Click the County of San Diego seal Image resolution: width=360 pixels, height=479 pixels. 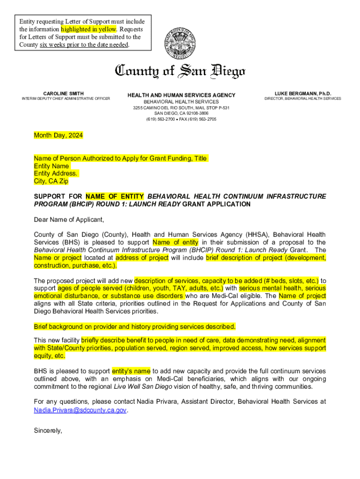click(180, 43)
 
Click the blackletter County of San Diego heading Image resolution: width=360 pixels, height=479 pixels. click(180, 71)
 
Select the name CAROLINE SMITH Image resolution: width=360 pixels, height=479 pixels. click(64, 94)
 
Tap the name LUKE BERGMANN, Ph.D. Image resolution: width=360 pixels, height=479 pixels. click(303, 94)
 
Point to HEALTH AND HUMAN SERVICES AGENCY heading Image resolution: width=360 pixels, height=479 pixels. click(181, 95)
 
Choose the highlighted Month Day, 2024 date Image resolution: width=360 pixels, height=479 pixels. click(58, 136)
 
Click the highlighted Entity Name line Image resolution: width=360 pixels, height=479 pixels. click(51, 166)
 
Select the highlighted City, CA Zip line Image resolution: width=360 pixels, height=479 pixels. click(51, 181)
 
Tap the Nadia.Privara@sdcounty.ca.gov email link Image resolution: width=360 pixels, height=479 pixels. click(80, 410)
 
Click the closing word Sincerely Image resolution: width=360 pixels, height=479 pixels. click(48, 431)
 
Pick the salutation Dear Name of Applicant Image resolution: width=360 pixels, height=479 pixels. click(69, 219)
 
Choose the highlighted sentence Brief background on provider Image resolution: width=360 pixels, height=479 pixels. click(135, 327)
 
